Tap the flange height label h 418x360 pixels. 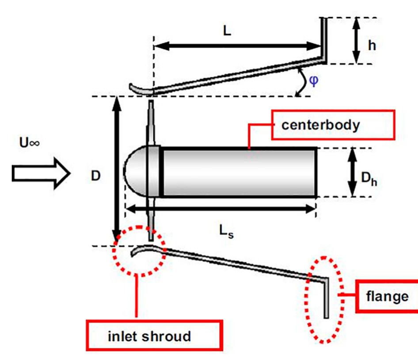pyautogui.click(x=372, y=45)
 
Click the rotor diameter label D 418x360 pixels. pyautogui.click(x=96, y=176)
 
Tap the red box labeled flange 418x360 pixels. pyautogui.click(x=387, y=296)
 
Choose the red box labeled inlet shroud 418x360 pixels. pyautogui.click(x=149, y=336)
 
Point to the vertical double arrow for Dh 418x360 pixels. pyautogui.click(x=353, y=172)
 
